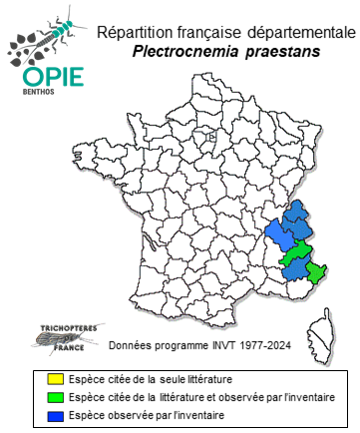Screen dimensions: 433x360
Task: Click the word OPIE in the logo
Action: (x=38, y=77)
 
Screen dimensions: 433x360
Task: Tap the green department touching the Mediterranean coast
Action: (x=317, y=271)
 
